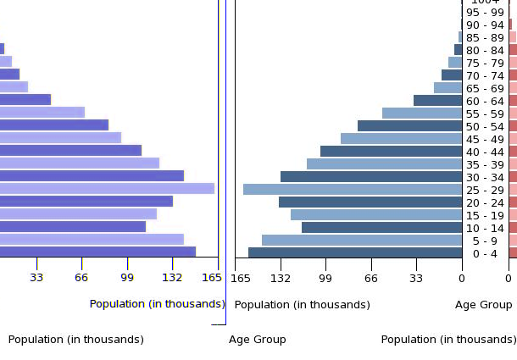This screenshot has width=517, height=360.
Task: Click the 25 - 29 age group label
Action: [x=485, y=190]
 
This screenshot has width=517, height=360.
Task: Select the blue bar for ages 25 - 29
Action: [x=353, y=190]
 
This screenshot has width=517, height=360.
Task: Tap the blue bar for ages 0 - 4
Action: [x=355, y=252]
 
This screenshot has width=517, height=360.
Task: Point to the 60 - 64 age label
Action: [x=485, y=101]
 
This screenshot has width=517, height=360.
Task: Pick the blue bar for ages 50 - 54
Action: [x=409, y=126]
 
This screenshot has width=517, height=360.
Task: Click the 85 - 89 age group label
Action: [x=485, y=37]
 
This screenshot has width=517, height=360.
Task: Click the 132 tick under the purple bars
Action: [x=172, y=277]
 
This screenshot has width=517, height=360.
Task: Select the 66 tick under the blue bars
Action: [x=371, y=277]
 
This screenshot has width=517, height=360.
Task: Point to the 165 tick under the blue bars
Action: [x=241, y=277]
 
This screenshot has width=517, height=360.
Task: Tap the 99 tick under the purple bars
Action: [x=127, y=277]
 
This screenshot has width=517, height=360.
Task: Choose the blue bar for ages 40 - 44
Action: [x=391, y=152]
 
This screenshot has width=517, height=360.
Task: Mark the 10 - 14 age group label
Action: [x=485, y=228]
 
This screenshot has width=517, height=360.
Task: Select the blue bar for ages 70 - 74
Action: [x=452, y=75]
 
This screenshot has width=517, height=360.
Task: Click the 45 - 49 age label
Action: [x=485, y=139]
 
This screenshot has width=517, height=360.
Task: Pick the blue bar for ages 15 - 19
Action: [x=376, y=215]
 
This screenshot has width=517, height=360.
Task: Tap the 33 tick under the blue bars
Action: [x=416, y=277]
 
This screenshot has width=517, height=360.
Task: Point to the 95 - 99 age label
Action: [x=485, y=12]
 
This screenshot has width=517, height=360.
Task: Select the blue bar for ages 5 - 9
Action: [x=362, y=241]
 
